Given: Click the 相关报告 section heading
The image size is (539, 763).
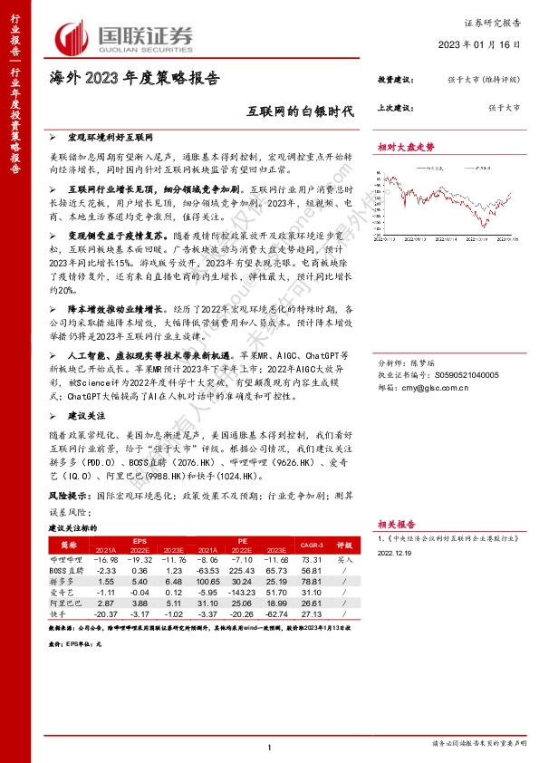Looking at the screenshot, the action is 396,524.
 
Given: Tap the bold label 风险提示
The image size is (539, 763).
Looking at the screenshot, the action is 69,497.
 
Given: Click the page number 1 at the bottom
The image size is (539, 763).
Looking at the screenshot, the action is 270,747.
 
